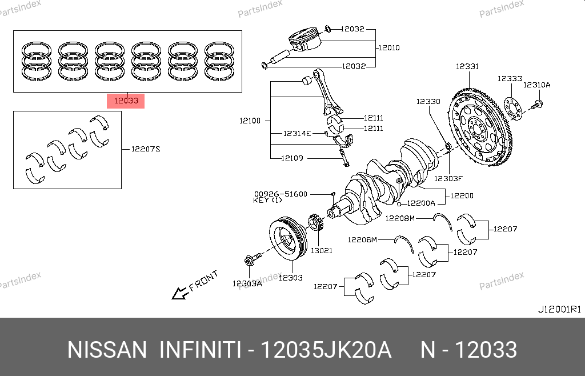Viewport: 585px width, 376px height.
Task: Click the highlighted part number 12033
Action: (126, 102)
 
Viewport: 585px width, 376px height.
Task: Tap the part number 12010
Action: (388, 47)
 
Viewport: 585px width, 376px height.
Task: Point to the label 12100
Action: (250, 121)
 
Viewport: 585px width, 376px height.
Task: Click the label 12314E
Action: (297, 133)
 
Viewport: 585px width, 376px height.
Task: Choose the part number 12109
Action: (292, 158)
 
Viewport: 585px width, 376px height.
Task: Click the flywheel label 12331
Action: (467, 67)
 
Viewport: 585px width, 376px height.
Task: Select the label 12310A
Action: (537, 85)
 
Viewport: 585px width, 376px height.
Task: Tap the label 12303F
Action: (447, 178)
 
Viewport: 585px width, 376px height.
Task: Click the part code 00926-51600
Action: (281, 194)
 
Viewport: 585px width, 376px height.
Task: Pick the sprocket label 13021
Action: (321, 250)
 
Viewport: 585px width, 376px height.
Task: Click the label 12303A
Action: (247, 283)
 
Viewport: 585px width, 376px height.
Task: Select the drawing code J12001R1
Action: (559, 309)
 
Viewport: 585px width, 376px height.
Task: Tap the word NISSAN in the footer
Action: (107, 350)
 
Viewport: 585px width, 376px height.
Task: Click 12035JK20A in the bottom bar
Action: (326, 350)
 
